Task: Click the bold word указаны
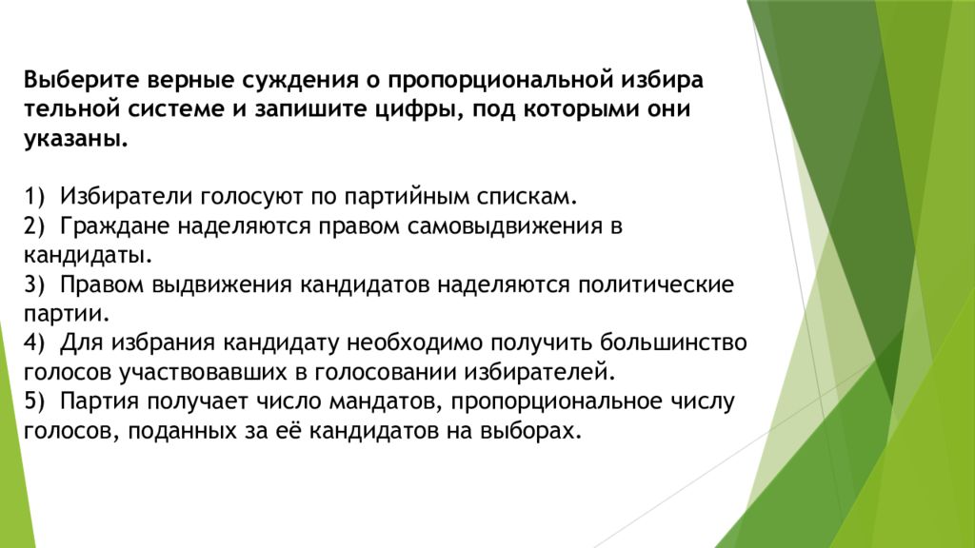pyautogui.click(x=74, y=138)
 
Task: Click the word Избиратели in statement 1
pyautogui.click(x=127, y=197)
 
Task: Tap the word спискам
pyautogui.click(x=529, y=197)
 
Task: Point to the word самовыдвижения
pyautogui.click(x=505, y=226)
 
